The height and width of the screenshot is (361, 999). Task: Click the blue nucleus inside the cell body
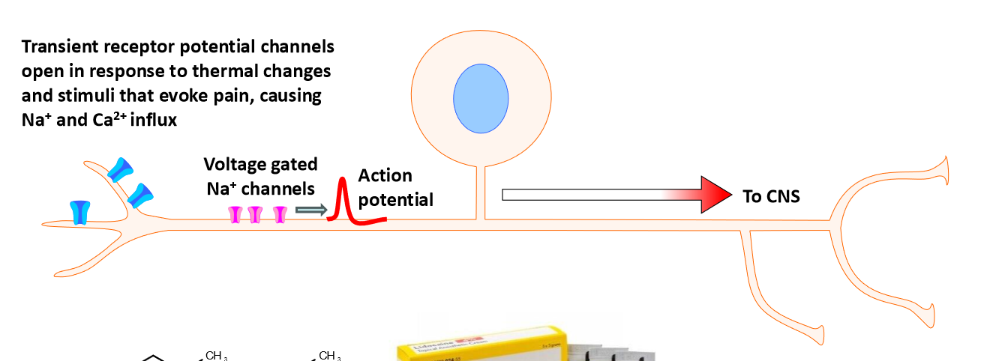[481, 99]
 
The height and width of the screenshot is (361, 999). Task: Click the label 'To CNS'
[771, 197]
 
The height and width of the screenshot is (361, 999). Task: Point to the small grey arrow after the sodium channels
[311, 209]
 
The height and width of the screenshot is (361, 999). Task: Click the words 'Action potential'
[395, 187]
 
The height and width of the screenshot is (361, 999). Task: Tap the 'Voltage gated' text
[260, 164]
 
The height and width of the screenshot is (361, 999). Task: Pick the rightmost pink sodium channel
[280, 215]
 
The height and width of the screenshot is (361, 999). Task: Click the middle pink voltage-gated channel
[255, 215]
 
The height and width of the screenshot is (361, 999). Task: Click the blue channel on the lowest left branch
[79, 212]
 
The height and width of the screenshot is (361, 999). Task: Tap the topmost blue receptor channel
[120, 169]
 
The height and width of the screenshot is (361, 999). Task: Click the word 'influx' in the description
[153, 120]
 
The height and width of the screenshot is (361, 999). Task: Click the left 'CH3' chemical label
[216, 356]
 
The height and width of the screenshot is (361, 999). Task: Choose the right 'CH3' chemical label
[330, 356]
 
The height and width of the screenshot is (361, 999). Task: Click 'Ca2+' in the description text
[109, 119]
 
